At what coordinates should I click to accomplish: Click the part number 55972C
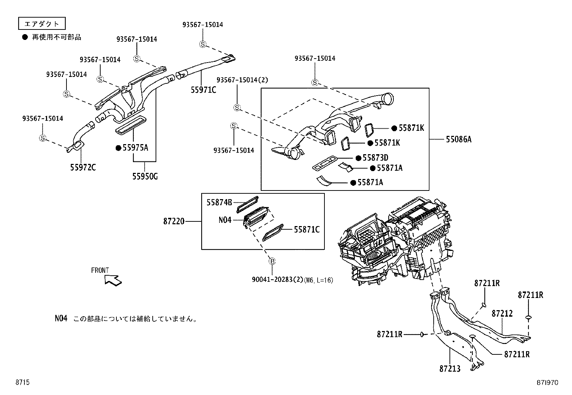pos(83,167)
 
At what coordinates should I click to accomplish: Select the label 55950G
pos(145,176)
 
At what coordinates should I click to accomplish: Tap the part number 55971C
pos(203,90)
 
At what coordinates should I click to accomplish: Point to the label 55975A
pos(135,148)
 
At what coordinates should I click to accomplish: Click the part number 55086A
pos(458,139)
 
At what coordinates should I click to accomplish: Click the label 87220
pos(174,221)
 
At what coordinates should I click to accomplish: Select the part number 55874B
pos(219,202)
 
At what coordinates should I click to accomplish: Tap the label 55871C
pos(306,229)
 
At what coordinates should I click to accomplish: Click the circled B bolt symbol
pos(272,261)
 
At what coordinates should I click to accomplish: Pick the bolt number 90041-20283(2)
pos(277,280)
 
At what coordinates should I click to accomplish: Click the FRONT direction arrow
pos(113,279)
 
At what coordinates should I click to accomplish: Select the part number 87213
pos(449,369)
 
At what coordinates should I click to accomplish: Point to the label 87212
pos(502,313)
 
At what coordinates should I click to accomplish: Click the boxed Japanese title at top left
pos(42,24)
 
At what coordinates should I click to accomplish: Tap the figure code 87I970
pos(548,383)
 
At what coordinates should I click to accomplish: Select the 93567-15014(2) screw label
pos(242,80)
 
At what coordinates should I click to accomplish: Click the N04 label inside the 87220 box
pos(225,220)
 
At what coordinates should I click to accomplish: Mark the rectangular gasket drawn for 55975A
pos(131,125)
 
